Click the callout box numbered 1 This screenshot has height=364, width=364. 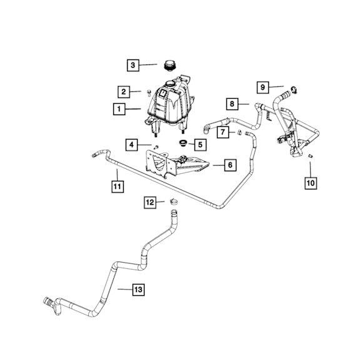pos(119,109)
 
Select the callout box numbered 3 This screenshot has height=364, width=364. pos(133,65)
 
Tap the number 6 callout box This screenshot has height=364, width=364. pos(230,165)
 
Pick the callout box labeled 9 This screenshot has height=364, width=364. pos(263,88)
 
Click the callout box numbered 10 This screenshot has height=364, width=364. pos(311,183)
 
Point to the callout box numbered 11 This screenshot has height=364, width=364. pos(118,186)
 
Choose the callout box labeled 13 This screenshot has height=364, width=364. pos(138,290)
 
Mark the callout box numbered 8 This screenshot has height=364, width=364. pos(233,104)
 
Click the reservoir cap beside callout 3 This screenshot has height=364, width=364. pos(170,64)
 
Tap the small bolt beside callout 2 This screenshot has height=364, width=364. pos(149,93)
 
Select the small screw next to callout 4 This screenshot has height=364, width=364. pos(156,147)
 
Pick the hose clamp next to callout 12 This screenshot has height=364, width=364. pos(174,201)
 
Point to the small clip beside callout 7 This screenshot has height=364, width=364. pos(240,133)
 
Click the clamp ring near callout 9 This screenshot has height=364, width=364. pos(294,89)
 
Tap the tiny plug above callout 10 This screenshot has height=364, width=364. pos(310,156)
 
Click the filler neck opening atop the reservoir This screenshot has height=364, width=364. pos(169,83)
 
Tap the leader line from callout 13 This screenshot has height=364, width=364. pos(125,289)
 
